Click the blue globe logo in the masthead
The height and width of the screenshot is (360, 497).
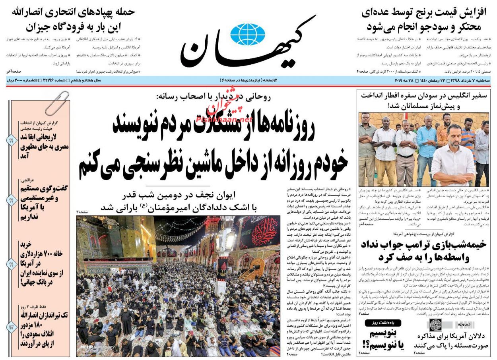tap(247, 34)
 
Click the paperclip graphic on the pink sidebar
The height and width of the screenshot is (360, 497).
tap(56, 102)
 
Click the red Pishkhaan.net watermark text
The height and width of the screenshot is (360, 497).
tap(223, 115)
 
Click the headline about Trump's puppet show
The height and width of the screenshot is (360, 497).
tap(423, 251)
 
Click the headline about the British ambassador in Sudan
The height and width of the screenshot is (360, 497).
tap(423, 101)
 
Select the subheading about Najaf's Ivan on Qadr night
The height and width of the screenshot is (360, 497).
tap(179, 201)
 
